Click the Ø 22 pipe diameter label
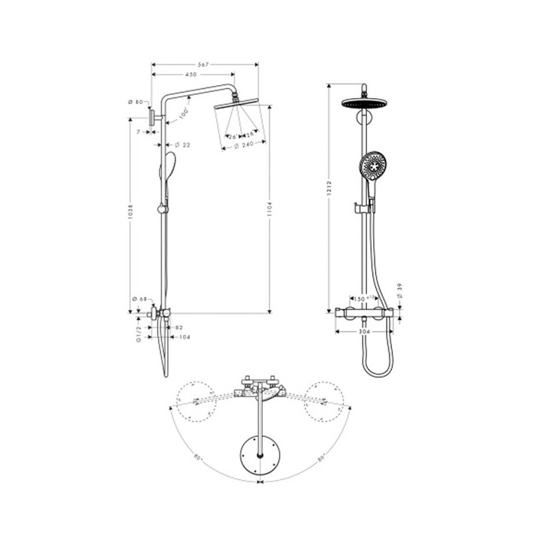182,144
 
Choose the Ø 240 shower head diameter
243,144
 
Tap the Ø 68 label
138,299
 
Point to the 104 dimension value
185,337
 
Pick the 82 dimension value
179,327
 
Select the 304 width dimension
365,331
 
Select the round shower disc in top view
261,456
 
